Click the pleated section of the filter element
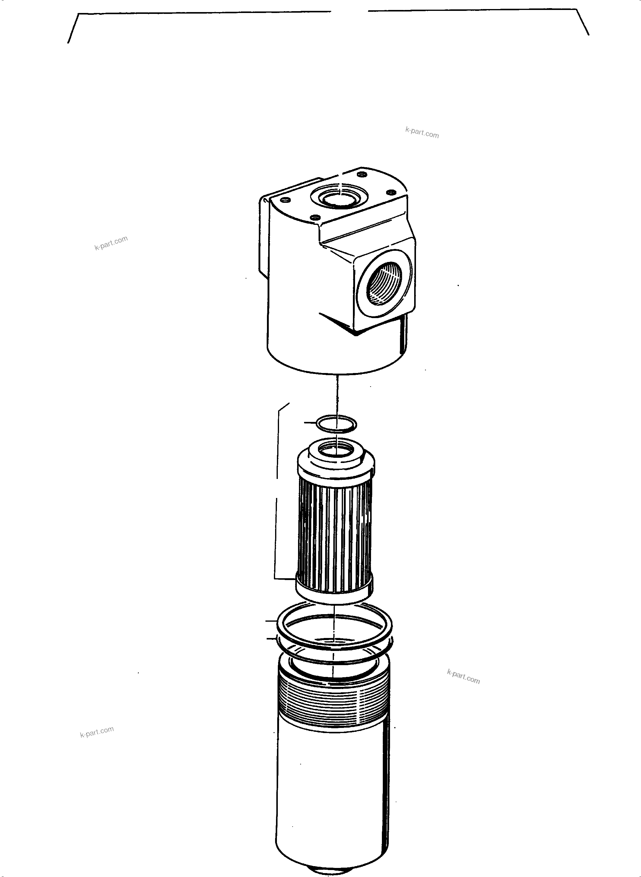point(335,534)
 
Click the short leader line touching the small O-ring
point(310,422)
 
